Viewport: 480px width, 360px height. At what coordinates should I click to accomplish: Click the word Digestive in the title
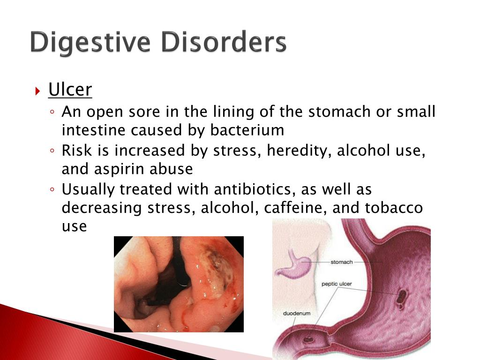(x=90, y=43)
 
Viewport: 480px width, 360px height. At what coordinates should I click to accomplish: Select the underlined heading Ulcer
(x=70, y=90)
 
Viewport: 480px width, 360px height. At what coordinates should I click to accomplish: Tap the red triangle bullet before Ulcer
(x=37, y=91)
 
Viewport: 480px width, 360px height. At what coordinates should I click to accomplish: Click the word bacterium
(x=247, y=130)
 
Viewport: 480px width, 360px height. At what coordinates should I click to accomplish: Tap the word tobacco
(x=394, y=208)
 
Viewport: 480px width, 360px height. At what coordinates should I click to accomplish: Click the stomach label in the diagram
(x=342, y=262)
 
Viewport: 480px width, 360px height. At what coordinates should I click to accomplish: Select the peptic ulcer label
(x=337, y=284)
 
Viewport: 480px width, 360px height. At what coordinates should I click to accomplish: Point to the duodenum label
(x=297, y=314)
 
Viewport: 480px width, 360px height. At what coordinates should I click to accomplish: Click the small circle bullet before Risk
(x=52, y=150)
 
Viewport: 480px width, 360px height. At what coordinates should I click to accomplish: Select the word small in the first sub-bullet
(x=416, y=112)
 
